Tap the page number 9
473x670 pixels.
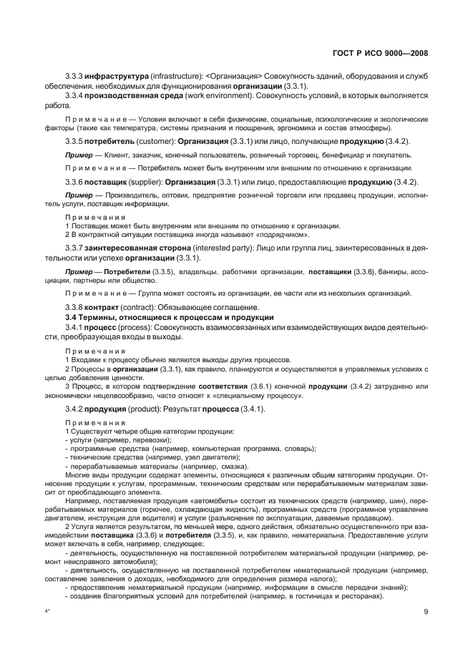pos(425,611)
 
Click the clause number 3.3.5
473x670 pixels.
pos(74,141)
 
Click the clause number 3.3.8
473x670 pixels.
pos(74,306)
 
